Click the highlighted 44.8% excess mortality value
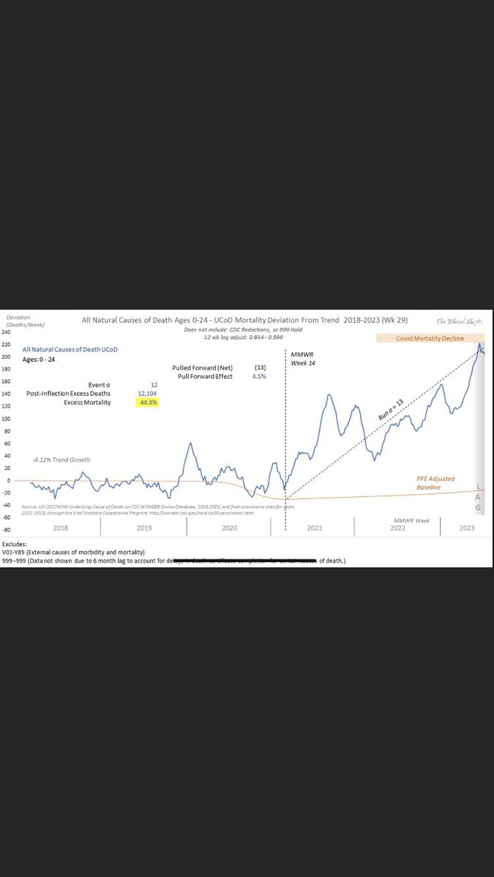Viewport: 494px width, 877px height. click(x=149, y=402)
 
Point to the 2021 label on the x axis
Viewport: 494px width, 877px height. click(x=315, y=528)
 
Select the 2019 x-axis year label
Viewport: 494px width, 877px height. click(x=143, y=528)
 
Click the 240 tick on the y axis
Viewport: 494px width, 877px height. click(x=6, y=332)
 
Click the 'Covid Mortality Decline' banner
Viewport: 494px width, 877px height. click(x=431, y=338)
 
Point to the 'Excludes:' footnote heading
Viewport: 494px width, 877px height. click(x=17, y=544)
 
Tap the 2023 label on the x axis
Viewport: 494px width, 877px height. click(x=466, y=528)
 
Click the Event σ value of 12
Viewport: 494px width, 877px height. click(x=154, y=384)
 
